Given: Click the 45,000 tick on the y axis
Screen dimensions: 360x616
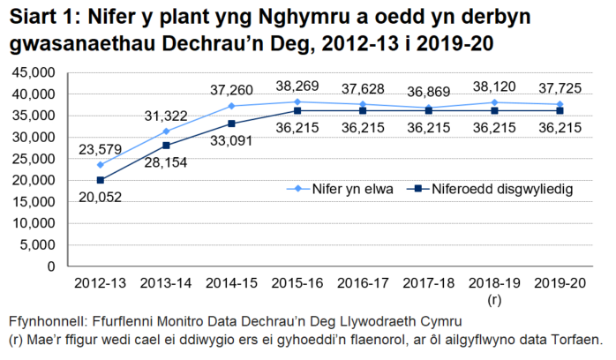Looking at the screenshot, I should (32, 72).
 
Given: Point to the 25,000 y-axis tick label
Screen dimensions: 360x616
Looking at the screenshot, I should (32, 159).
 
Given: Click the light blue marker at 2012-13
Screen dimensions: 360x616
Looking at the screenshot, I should (100, 164).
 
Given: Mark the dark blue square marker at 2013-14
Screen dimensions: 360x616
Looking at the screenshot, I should (166, 145).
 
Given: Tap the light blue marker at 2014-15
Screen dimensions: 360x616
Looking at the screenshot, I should (232, 105).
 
